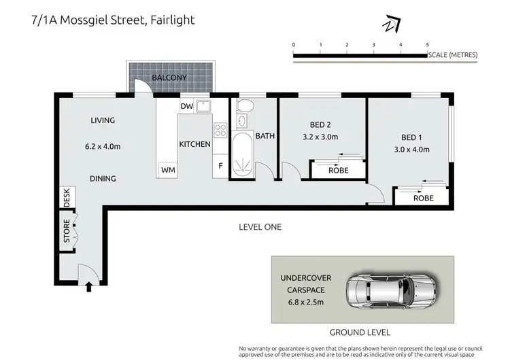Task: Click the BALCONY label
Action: [169, 78]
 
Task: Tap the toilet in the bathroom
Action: [245, 105]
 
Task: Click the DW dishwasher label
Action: [187, 107]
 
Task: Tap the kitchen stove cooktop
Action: [220, 129]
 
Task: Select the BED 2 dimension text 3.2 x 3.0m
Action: [320, 137]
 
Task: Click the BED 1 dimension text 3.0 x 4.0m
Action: [411, 150]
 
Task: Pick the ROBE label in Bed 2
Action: [338, 171]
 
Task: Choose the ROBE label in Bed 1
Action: [423, 198]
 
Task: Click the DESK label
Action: [67, 197]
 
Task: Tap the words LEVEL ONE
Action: [260, 227]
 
